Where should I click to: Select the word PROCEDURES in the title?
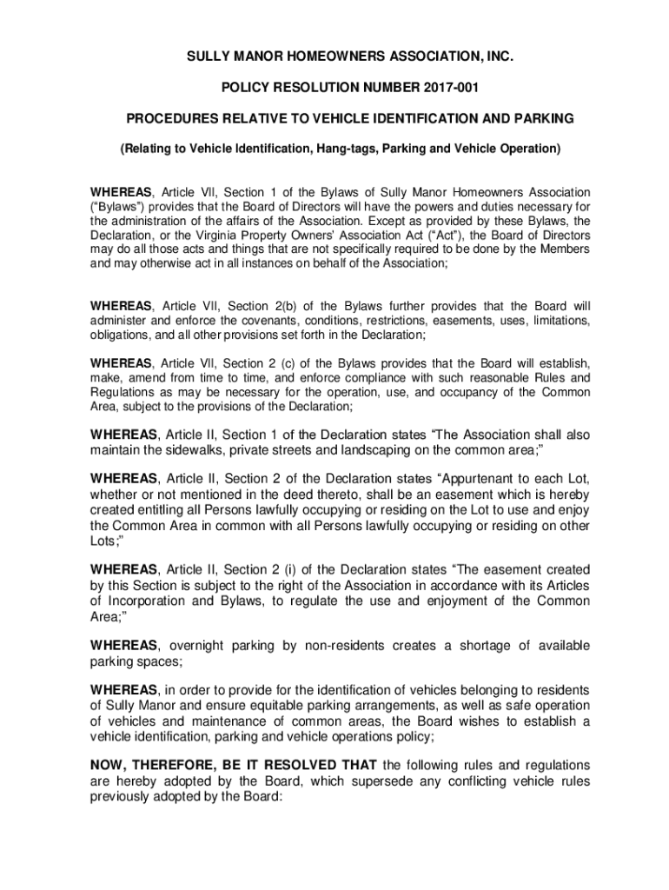[169, 117]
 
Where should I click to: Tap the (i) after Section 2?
[306, 569]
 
